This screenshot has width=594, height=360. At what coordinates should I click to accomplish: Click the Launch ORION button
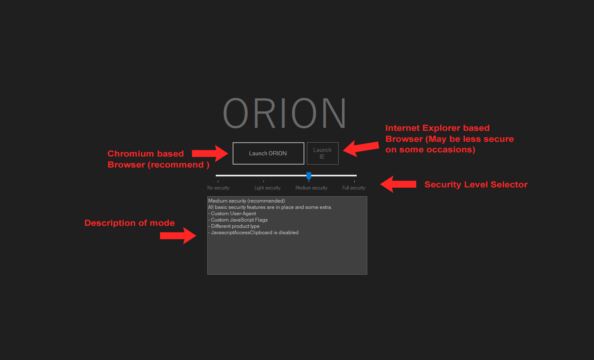268,153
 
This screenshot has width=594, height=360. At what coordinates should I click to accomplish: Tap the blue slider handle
309,176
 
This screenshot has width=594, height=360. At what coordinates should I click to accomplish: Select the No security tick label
218,188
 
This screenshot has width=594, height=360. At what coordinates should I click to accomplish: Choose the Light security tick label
267,188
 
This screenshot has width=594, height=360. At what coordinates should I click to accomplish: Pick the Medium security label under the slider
311,188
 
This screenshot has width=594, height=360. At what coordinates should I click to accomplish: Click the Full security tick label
354,188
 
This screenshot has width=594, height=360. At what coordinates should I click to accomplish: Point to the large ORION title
285,113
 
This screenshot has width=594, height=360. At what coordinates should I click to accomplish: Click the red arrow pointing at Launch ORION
210,153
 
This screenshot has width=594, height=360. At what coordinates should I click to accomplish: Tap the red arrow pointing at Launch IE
361,148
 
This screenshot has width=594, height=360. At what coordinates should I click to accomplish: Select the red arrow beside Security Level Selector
398,184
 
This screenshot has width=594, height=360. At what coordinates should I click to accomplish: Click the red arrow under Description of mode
178,235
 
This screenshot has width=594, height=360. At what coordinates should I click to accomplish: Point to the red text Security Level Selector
476,184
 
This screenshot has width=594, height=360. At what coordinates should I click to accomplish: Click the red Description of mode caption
130,223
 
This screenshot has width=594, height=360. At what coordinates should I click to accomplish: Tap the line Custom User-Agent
233,214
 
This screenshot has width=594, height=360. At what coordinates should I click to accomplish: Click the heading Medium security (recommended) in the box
247,201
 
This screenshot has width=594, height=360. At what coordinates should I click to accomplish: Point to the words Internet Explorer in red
423,128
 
